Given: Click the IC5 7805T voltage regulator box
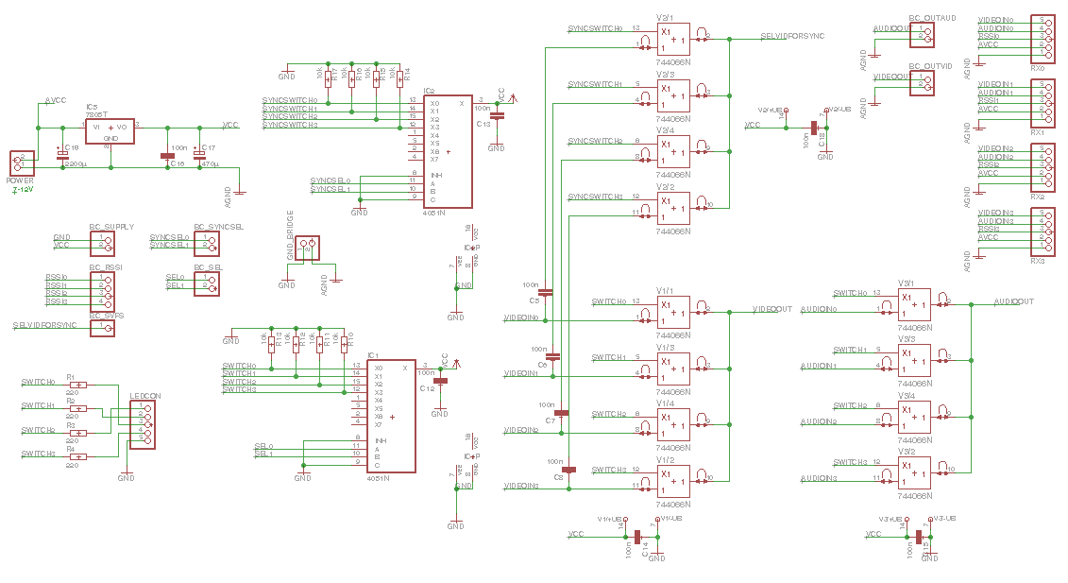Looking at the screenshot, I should [x=110, y=130].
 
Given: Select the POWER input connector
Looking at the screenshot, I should [x=21, y=163].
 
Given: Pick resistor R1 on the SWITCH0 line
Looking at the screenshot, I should [x=78, y=385].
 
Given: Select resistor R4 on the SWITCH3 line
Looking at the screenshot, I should [x=78, y=457].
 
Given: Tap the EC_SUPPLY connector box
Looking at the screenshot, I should [x=102, y=243].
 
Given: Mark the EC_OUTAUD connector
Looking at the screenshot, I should [x=922, y=35].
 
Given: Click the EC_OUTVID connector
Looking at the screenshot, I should [x=922, y=82].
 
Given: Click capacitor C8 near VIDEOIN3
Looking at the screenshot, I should [x=568, y=470].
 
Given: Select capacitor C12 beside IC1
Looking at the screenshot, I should [x=439, y=382].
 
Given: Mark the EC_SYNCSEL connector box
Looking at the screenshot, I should [x=207, y=243].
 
